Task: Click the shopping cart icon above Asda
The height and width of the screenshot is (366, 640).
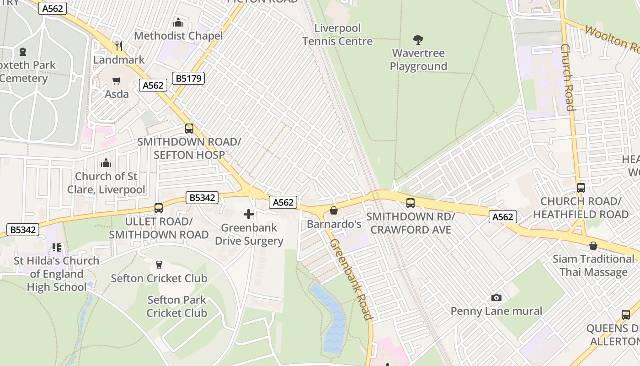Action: click(x=117, y=81)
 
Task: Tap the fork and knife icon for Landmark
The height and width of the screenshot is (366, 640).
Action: click(x=119, y=46)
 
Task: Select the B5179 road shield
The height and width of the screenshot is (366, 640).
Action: click(x=188, y=78)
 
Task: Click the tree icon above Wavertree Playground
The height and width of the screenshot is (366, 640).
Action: click(x=418, y=40)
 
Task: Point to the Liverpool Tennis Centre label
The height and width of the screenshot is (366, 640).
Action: click(x=337, y=35)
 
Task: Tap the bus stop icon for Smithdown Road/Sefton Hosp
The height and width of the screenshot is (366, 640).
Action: click(x=189, y=129)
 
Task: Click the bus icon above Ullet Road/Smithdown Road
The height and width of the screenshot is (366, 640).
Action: click(x=159, y=208)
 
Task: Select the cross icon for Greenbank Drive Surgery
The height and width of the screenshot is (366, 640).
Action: click(x=249, y=214)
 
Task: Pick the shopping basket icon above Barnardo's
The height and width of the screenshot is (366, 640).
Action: click(x=334, y=210)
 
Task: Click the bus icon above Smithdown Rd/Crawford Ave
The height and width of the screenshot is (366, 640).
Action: click(x=411, y=203)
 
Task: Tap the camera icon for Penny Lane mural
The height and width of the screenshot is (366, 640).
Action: click(x=496, y=298)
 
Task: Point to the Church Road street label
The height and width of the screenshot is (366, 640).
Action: click(x=567, y=77)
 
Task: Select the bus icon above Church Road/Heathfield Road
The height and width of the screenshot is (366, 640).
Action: click(x=581, y=188)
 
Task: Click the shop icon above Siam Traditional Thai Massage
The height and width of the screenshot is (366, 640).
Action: click(x=593, y=246)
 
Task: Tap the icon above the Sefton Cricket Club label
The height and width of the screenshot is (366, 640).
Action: click(x=159, y=265)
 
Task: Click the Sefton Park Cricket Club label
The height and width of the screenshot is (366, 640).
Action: click(x=177, y=307)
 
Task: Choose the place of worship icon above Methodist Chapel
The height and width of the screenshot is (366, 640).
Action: click(x=178, y=22)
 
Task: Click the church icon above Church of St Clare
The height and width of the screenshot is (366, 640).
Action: click(x=106, y=163)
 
